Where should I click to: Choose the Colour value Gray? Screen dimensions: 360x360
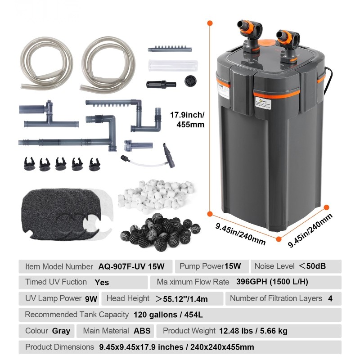click(x=61, y=331)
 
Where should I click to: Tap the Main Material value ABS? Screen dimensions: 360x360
click(x=142, y=331)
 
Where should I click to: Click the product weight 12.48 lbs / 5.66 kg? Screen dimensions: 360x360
click(x=253, y=331)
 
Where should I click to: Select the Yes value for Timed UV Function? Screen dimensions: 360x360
click(x=102, y=283)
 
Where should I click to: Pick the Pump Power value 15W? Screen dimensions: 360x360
click(x=233, y=266)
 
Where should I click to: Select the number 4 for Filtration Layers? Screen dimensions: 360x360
click(x=330, y=298)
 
